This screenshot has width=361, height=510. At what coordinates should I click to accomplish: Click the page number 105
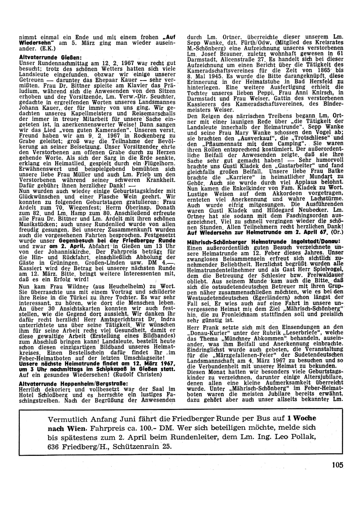click(338, 465)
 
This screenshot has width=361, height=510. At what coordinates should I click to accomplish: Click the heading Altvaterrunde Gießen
click(50, 57)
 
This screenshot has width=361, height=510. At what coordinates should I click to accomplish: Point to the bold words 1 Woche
click(301, 418)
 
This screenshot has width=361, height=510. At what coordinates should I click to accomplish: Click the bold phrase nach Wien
click(67, 428)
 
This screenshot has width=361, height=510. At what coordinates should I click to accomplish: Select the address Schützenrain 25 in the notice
click(142, 446)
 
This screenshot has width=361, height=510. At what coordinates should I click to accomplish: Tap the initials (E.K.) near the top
click(48, 47)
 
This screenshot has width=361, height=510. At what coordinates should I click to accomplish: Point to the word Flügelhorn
click(161, 163)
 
